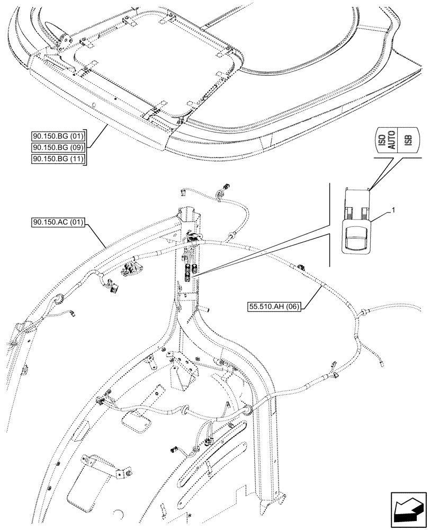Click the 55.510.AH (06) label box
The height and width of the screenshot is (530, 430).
[x=273, y=306]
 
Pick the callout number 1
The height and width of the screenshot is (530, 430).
[x=392, y=211]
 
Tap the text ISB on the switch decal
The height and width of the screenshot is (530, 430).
[x=407, y=142]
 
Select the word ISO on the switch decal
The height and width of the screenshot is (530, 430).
[x=380, y=142]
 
